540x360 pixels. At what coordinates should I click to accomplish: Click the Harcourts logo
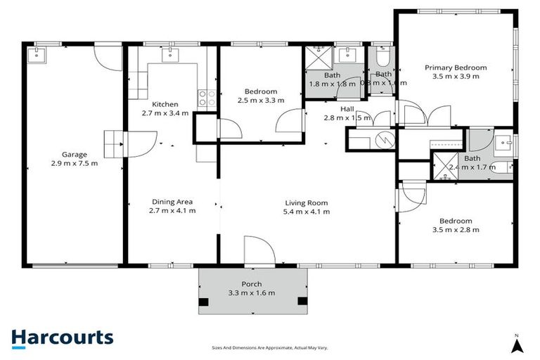point(62,337)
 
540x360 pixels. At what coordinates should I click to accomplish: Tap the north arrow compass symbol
point(517,344)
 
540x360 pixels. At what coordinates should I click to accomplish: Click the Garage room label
point(73,154)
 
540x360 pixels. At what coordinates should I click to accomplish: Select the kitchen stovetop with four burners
point(207,98)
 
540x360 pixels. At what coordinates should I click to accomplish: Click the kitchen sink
point(173,54)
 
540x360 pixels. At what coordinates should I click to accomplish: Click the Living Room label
point(305,202)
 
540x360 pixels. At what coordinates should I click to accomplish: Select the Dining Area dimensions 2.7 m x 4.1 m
point(172,210)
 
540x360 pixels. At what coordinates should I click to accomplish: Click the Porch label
point(252,284)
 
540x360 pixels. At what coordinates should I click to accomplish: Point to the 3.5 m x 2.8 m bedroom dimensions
point(456,229)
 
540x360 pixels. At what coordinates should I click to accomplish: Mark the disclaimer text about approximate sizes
point(270,347)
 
